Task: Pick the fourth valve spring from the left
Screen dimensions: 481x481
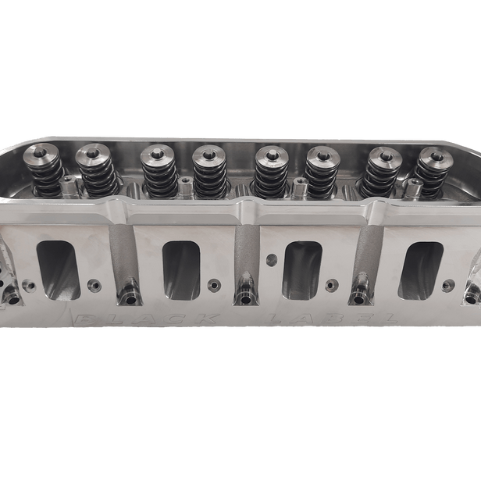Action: click(x=208, y=174)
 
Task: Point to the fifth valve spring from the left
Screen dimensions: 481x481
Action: click(x=271, y=174)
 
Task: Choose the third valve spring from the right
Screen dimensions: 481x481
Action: click(x=321, y=174)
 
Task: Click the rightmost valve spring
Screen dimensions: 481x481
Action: click(x=433, y=173)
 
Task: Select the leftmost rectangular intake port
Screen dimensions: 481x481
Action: click(x=59, y=270)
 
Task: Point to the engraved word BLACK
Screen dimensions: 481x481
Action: click(x=148, y=319)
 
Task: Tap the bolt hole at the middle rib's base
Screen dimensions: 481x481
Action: click(x=245, y=299)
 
